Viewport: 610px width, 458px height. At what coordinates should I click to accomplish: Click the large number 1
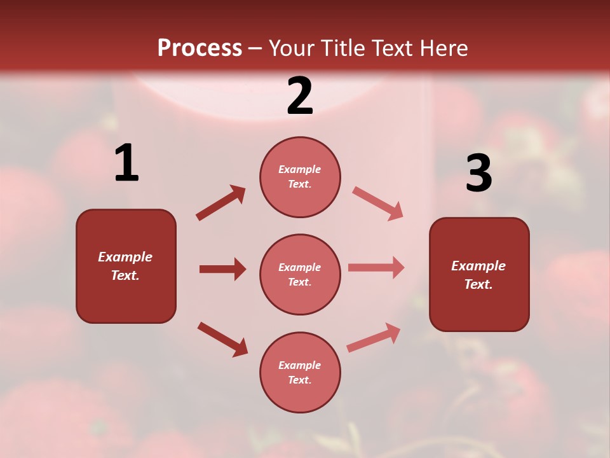click(x=126, y=163)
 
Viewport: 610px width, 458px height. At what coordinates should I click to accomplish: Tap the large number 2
click(x=300, y=96)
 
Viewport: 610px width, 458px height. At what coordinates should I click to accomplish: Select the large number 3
click(x=478, y=174)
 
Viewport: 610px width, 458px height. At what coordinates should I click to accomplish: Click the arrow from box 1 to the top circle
click(x=220, y=203)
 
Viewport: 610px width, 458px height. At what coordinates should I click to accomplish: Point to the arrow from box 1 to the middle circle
click(x=222, y=269)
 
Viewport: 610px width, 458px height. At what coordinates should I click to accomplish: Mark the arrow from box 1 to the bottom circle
click(x=222, y=338)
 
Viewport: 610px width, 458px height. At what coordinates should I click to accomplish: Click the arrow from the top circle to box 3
click(x=377, y=203)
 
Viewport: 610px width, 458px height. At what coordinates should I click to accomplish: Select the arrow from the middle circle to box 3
click(x=376, y=267)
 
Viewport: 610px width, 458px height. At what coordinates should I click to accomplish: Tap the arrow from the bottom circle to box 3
click(x=374, y=337)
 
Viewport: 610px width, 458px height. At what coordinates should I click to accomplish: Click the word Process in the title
click(x=200, y=48)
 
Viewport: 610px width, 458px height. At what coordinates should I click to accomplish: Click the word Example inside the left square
click(x=125, y=257)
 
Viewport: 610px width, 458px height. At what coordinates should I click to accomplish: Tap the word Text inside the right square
click(x=478, y=284)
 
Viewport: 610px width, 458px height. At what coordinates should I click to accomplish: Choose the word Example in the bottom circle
click(x=299, y=365)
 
